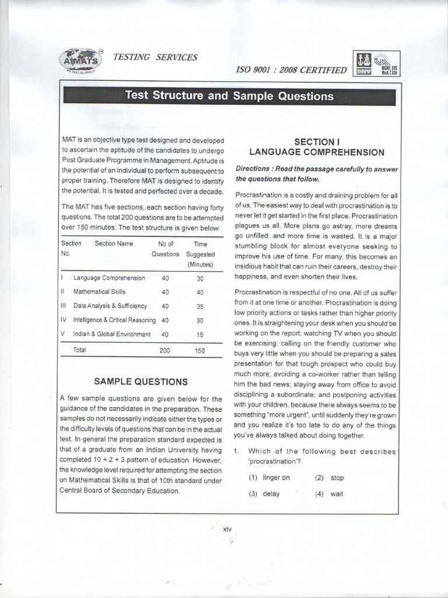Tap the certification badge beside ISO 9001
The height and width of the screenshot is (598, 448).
tap(376, 64)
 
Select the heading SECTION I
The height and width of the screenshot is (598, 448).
tap(317, 141)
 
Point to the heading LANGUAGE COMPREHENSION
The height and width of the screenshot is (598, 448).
tap(317, 152)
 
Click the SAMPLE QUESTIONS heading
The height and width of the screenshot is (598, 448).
tap(141, 382)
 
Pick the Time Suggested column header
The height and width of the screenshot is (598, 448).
tap(200, 253)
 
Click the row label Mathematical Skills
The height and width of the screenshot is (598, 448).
tap(99, 291)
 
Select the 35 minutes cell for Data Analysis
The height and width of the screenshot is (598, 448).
tap(200, 306)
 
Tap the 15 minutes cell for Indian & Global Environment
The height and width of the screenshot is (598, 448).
tap(200, 335)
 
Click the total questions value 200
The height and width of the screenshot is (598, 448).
tap(165, 350)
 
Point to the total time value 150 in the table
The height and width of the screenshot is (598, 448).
tap(200, 350)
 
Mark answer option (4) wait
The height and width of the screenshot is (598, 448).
tap(330, 493)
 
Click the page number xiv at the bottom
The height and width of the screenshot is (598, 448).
tap(228, 529)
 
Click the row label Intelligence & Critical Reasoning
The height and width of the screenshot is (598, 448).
tap(114, 320)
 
